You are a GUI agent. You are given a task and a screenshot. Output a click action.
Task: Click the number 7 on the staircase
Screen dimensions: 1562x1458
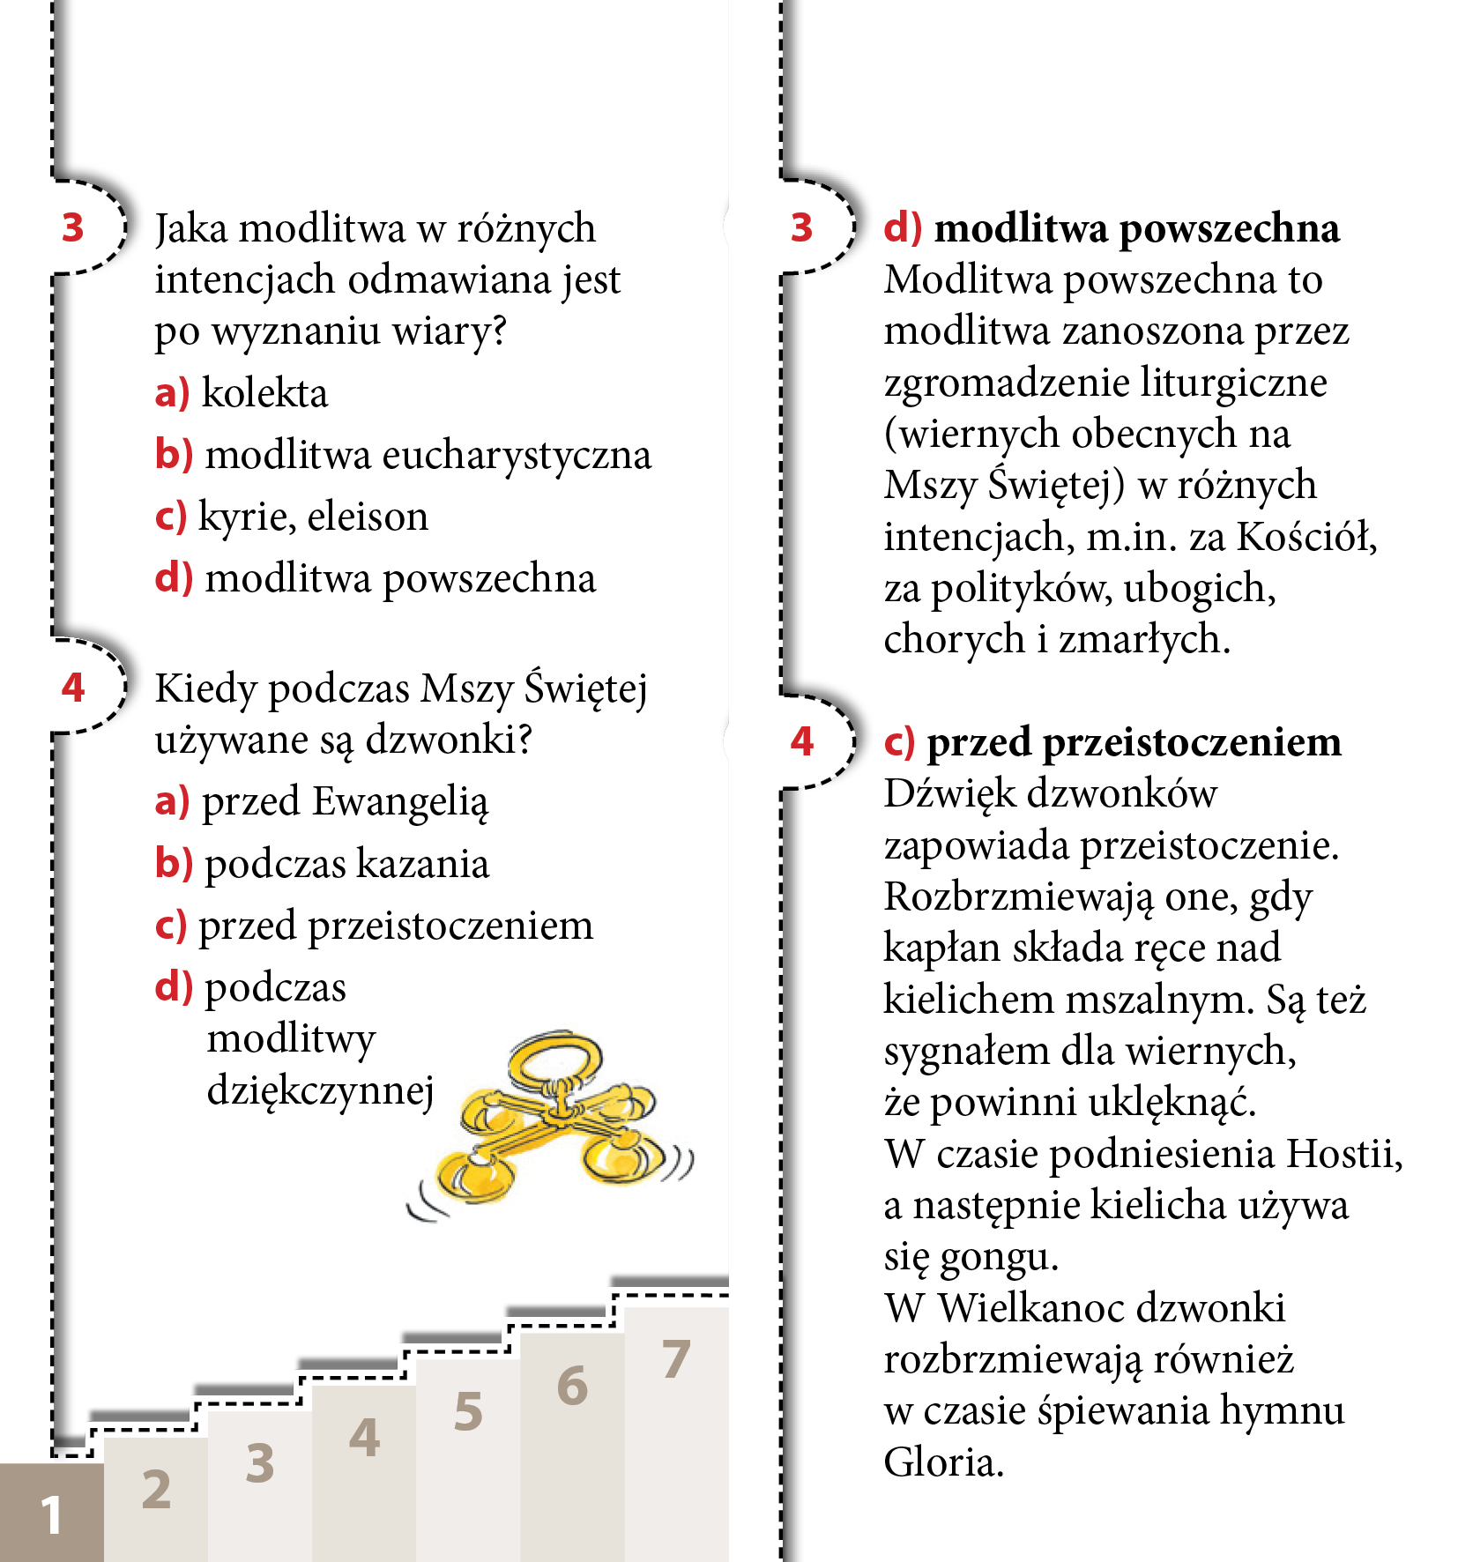pyautogui.click(x=675, y=1359)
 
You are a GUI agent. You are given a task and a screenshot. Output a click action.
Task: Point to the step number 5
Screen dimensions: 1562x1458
pyautogui.click(x=468, y=1411)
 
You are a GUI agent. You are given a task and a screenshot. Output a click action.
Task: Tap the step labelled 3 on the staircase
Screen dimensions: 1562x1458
pyautogui.click(x=259, y=1463)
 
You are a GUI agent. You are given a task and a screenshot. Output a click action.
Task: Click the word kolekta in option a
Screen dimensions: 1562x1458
pyautogui.click(x=264, y=393)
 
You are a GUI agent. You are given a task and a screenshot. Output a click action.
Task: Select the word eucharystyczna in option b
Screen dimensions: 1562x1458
pyautogui.click(x=517, y=456)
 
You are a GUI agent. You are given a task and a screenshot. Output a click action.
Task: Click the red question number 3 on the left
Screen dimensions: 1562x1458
pyautogui.click(x=73, y=227)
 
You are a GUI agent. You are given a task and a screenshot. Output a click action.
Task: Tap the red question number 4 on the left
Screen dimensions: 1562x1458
pyautogui.click(x=73, y=688)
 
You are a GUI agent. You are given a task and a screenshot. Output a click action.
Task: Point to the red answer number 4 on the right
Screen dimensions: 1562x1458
pyautogui.click(x=802, y=741)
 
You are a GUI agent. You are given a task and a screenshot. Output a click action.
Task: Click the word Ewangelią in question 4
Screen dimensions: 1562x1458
pyautogui.click(x=400, y=802)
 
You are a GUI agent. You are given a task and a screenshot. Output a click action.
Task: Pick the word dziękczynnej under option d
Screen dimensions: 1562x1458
pyautogui.click(x=321, y=1091)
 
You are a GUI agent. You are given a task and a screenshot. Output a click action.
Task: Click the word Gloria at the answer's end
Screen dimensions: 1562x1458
pyautogui.click(x=943, y=1462)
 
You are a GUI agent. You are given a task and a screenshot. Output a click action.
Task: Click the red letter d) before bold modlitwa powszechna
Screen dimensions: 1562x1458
pyautogui.click(x=903, y=228)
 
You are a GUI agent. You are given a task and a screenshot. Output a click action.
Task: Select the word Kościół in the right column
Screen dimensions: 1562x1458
pyautogui.click(x=1306, y=536)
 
